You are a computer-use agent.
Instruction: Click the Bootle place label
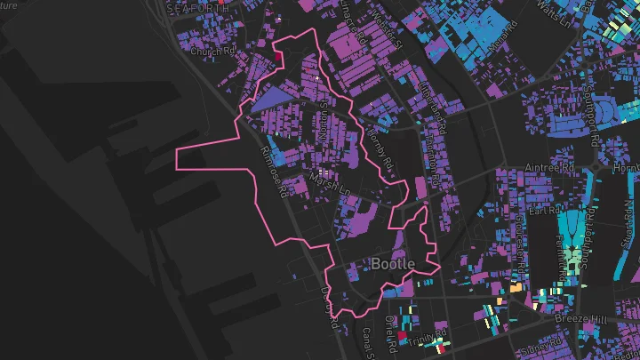pos(393,264)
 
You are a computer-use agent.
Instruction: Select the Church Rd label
pos(212,52)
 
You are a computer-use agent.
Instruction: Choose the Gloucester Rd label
pos(517,236)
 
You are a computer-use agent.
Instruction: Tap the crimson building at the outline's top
pos(278,58)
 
